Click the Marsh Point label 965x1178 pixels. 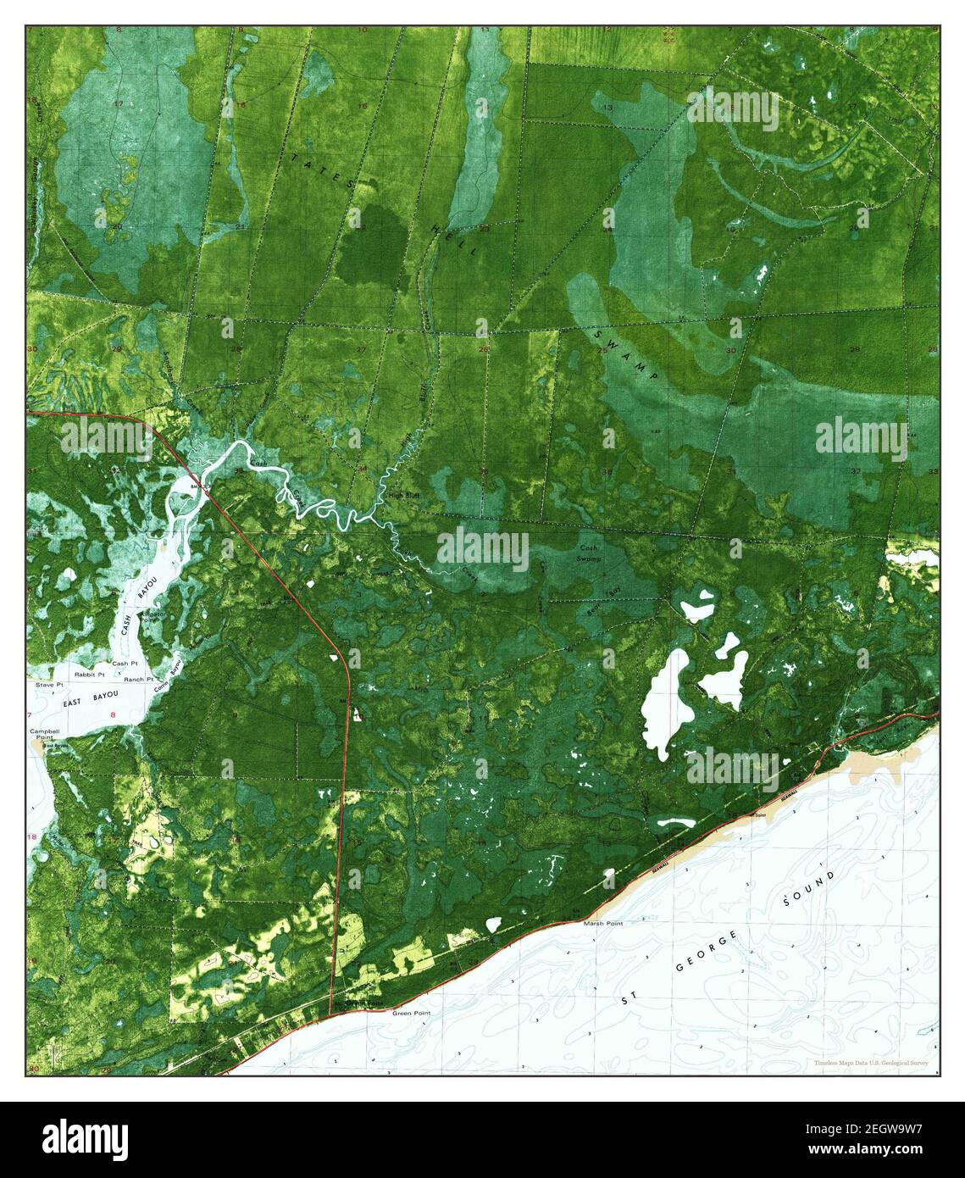603,924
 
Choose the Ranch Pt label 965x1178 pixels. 137,680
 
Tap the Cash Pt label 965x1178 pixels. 125,663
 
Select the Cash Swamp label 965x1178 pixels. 590,554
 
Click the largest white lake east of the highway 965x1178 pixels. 664,703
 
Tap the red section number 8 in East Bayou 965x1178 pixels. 112,716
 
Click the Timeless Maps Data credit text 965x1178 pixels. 871,1063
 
